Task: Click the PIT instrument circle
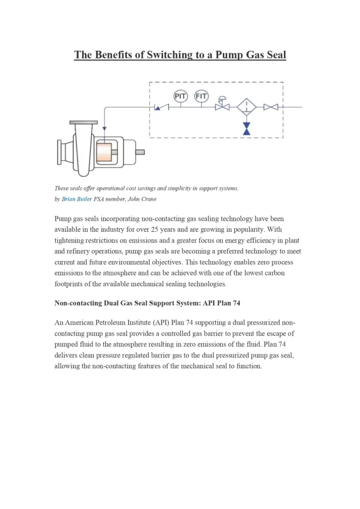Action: tap(180, 95)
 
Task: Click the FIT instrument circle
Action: tap(201, 95)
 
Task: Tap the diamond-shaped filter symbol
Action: tap(246, 107)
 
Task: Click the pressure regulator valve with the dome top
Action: tap(222, 105)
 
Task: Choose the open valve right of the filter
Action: tap(271, 107)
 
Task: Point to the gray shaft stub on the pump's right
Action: tap(140, 152)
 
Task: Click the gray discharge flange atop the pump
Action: tap(84, 122)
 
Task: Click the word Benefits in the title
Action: tap(116, 55)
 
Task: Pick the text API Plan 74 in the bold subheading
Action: tap(221, 303)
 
